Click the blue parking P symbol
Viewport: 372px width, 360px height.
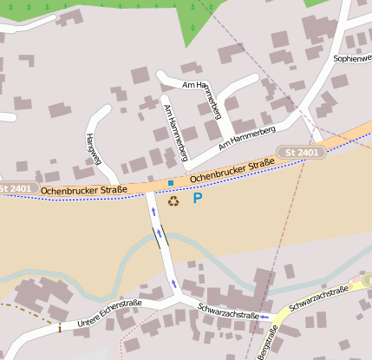point(198,199)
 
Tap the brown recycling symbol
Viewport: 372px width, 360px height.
point(173,200)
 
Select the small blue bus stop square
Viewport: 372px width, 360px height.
point(171,182)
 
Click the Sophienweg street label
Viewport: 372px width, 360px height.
point(351,58)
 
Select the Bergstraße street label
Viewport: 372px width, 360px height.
point(270,342)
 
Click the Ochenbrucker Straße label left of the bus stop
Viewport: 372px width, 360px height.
point(84,188)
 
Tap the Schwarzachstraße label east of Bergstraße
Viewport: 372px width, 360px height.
point(318,296)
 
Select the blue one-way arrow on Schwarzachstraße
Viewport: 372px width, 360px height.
point(264,317)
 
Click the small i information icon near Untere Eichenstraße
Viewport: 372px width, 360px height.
point(59,328)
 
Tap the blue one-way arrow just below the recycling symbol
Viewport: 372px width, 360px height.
point(153,211)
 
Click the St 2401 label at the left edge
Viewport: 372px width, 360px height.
point(14,188)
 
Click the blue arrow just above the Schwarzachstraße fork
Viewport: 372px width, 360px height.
point(174,284)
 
